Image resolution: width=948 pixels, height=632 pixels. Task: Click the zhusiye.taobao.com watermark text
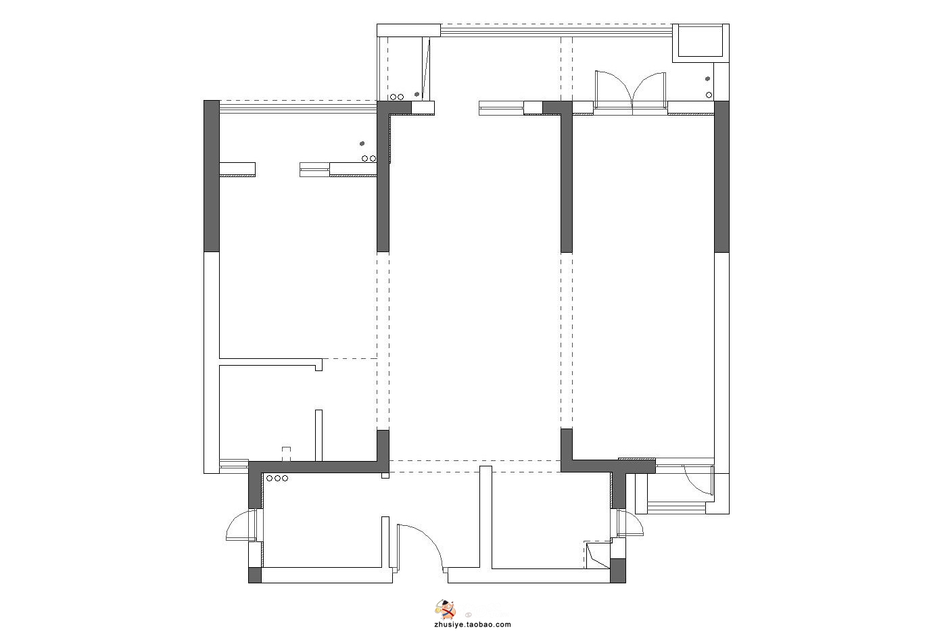tap(472, 625)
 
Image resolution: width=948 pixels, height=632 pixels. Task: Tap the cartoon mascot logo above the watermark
tap(446, 610)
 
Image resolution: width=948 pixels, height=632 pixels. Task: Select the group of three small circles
tap(277, 479)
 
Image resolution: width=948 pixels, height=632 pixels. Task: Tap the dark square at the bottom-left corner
tap(255, 575)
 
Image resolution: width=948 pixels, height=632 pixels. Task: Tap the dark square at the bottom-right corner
tap(618, 570)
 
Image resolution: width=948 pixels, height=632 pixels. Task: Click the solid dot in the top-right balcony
tap(707, 78)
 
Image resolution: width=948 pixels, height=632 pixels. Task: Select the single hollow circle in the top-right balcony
tap(709, 95)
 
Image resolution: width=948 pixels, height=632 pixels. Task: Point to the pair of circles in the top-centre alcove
tap(396, 97)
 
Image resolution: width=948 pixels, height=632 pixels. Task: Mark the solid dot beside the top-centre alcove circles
tap(417, 94)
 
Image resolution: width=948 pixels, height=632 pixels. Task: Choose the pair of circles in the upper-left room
tap(369, 159)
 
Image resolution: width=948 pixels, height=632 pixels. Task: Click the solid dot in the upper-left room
tap(362, 144)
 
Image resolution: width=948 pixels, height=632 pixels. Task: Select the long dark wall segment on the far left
tap(212, 176)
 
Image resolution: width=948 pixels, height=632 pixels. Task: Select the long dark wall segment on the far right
tap(721, 177)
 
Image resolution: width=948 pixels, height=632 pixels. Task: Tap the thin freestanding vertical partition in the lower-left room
tap(318, 435)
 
